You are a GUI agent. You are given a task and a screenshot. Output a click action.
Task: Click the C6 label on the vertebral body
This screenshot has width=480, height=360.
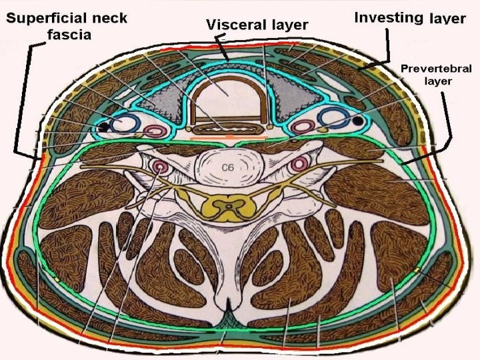click(228, 168)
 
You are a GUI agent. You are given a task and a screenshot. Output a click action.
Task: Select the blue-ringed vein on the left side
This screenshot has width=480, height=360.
click(125, 122)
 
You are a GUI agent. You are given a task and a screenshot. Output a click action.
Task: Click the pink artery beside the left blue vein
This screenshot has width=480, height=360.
click(156, 131)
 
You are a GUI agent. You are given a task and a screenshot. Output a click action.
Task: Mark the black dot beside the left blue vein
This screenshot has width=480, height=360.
click(103, 126)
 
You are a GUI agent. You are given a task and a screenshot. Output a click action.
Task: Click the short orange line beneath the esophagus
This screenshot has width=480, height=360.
click(229, 138)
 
